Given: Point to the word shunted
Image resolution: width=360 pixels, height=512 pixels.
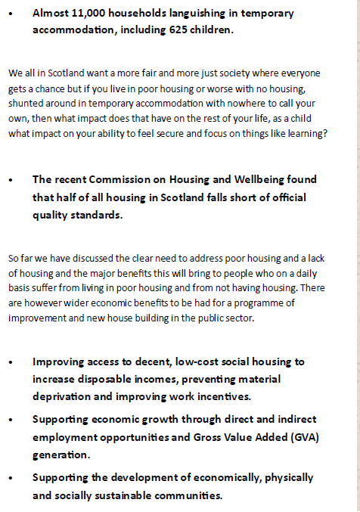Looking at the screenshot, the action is coord(26,107).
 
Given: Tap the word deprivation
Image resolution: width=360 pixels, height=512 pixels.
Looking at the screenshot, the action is coord(65,396).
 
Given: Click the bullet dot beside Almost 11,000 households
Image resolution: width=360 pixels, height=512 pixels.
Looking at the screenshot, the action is coord(11,14).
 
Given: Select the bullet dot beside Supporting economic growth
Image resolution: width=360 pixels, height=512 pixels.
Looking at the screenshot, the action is coord(11,419).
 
